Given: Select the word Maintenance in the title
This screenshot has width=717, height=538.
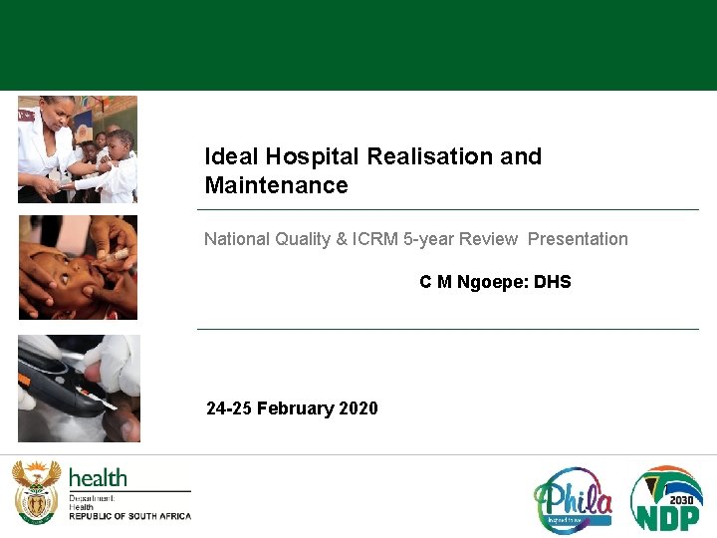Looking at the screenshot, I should [x=276, y=185].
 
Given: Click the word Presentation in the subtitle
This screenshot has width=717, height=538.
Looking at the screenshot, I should [x=578, y=239].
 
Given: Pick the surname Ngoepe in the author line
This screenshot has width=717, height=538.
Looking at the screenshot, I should [x=493, y=282].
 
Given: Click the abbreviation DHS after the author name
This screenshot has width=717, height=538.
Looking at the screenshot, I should [x=553, y=282].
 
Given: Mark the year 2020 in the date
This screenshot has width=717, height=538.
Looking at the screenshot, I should [x=358, y=408].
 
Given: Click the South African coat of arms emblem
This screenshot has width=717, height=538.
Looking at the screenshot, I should [x=36, y=491].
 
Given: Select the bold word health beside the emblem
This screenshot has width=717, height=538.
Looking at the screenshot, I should [x=98, y=478].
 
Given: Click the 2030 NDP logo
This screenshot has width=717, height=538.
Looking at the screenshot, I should [x=666, y=498].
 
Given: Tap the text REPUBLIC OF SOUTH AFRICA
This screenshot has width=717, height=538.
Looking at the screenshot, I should [x=129, y=516].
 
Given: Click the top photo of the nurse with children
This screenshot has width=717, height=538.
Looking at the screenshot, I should [x=78, y=149].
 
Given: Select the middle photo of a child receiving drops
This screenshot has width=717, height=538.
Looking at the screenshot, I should [x=78, y=267].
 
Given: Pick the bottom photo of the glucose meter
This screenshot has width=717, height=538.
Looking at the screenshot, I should [x=79, y=389].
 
